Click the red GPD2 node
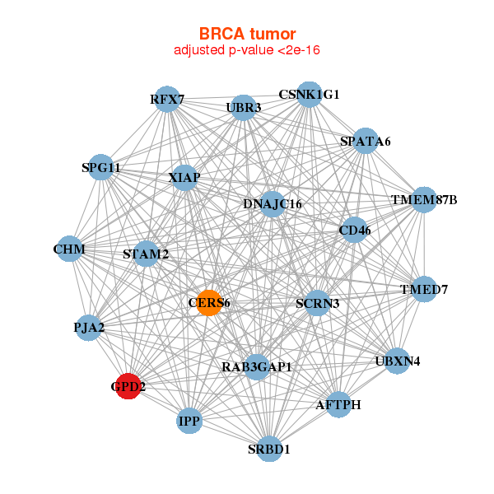128,385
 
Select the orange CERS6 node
210,303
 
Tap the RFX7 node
167,100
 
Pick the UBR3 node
243,107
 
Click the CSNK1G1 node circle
309,95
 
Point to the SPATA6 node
365,141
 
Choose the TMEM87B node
423,200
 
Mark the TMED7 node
423,289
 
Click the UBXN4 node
397,361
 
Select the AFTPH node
338,404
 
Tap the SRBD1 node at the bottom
269,449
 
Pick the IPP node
189,422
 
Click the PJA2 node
89,329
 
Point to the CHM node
69,249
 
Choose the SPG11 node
100,168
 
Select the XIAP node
184,177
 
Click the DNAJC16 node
273,204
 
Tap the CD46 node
355,231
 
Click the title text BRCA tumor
247,34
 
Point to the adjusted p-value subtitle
247,50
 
